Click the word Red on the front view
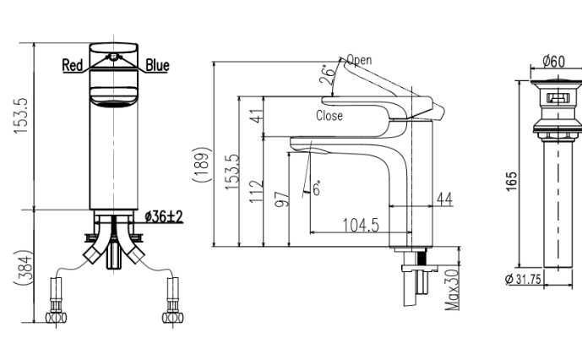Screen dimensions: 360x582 73,65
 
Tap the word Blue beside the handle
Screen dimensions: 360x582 157,65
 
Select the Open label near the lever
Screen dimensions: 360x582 358,60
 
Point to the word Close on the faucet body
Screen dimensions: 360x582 329,116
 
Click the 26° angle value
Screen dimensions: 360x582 325,78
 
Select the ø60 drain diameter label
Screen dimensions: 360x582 552,62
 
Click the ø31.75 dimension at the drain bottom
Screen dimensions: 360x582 524,280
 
